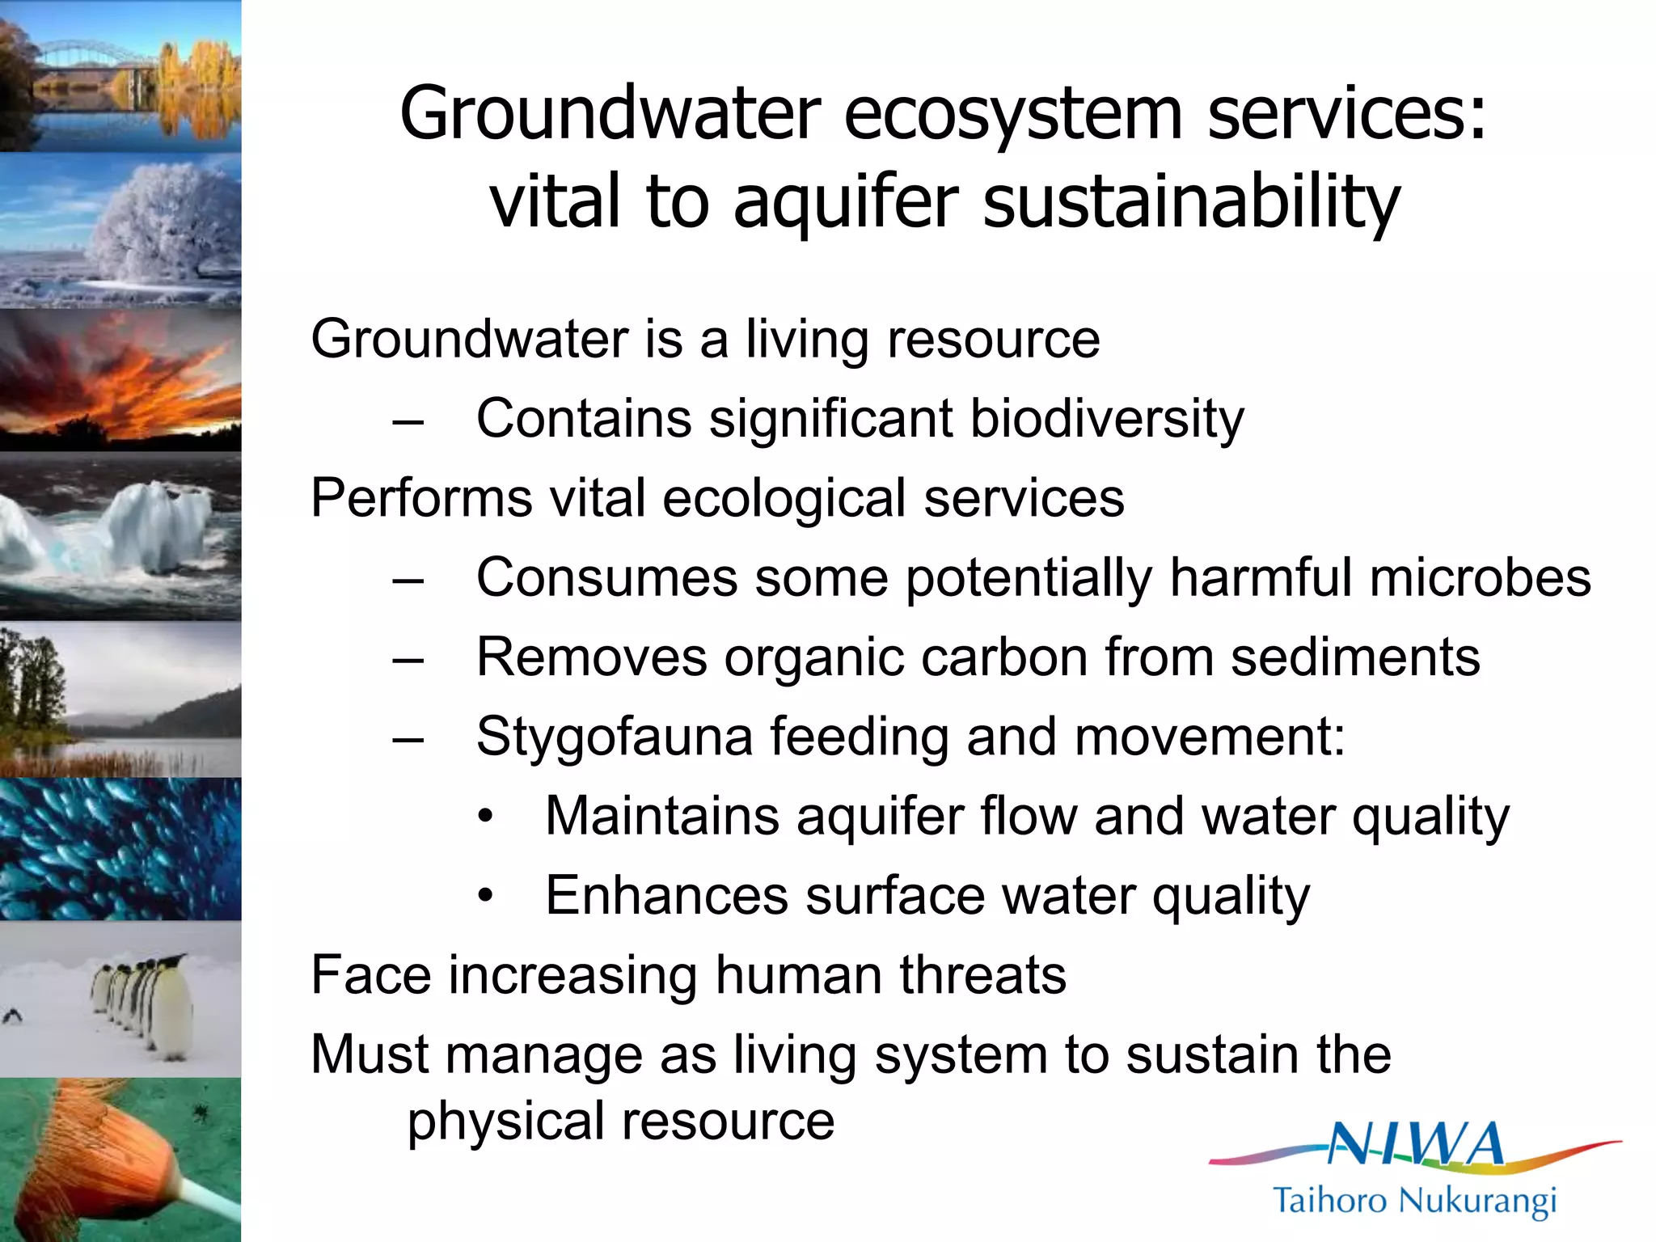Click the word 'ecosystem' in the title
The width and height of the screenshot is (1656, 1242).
coord(1014,114)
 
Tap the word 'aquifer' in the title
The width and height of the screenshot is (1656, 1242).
coord(846,202)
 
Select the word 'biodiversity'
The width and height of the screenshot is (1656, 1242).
coord(1107,419)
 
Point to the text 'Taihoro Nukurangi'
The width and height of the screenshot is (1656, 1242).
coord(1414,1200)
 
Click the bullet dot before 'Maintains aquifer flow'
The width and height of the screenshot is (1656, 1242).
coord(484,817)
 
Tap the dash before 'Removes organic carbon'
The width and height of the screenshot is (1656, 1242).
coord(408,658)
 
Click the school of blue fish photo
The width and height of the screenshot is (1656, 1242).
coord(121,849)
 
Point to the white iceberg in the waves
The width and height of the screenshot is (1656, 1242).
coord(154,526)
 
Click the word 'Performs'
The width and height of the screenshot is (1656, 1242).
coord(420,498)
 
